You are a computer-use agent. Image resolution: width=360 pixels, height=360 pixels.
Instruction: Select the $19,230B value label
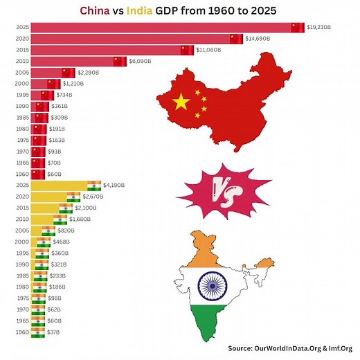320,28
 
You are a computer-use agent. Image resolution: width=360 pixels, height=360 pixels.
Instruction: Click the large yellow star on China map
181,102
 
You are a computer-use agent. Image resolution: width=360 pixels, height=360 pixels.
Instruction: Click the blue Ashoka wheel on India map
210,284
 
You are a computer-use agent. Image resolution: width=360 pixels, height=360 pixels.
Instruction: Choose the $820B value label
65,231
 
